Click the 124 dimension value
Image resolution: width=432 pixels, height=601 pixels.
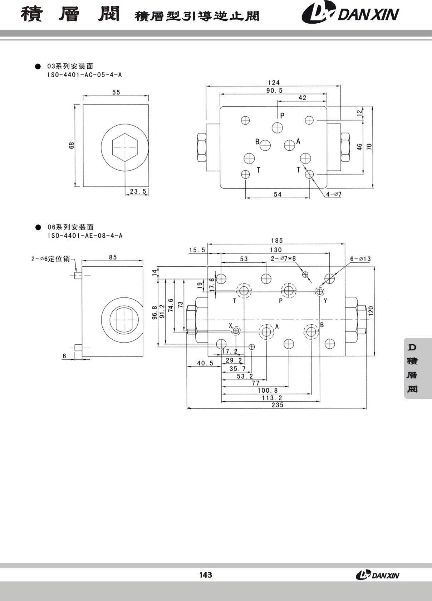tap(274, 83)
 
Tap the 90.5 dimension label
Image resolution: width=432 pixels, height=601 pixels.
tap(274, 91)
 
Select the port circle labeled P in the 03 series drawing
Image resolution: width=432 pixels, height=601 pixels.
tap(277, 128)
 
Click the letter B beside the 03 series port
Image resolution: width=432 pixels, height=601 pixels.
tap(257, 141)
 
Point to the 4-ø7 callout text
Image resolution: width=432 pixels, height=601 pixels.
tap(334, 194)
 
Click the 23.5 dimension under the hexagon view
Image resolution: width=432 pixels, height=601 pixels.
tap(138, 191)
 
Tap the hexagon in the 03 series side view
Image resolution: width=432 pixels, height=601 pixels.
tap(125, 147)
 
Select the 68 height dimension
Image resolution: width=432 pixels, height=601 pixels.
tap(72, 145)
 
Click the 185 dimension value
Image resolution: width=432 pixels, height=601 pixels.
tap(277, 241)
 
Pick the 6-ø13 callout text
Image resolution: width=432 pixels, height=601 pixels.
tap(360, 259)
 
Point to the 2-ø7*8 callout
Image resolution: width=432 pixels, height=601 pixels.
tap(283, 258)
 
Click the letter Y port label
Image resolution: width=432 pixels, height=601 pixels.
tap(325, 301)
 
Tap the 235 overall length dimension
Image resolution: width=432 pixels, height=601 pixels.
tap(278, 405)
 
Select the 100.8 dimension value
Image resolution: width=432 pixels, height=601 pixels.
tap(267, 391)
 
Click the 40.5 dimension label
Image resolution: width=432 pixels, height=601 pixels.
tap(205, 363)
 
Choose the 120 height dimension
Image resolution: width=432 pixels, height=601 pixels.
tap(371, 311)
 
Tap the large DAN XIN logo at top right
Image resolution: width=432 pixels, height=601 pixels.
tap(350, 12)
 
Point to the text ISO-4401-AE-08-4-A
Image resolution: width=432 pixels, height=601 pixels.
tap(85, 236)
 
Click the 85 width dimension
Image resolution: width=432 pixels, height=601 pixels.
tap(113, 257)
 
